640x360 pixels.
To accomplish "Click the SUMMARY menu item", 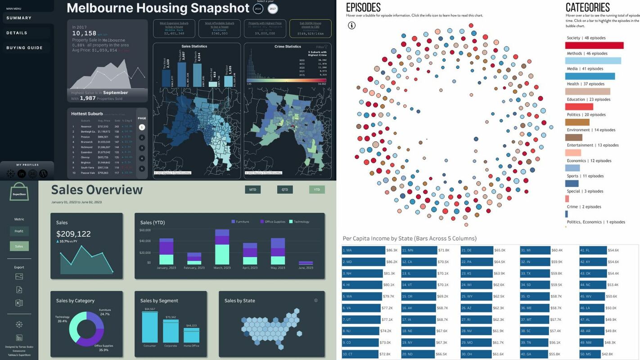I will pos(19,18).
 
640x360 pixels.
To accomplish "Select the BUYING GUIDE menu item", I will pos(24,48).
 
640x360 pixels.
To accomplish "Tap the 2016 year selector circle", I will pos(258,9).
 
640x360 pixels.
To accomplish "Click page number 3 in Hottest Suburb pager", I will pos(142,148).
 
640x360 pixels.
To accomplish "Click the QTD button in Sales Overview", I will pos(285,189).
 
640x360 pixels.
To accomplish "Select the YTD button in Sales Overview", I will pos(317,189).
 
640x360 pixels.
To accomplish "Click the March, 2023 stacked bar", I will pos(222,247).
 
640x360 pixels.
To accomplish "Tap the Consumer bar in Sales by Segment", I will pos(149,327).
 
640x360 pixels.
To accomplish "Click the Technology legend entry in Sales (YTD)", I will pos(301,222).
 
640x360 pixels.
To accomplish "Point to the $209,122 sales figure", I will pos(73,234).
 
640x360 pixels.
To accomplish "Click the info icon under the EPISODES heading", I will pos(352,26).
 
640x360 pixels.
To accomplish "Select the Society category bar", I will pos(594,45).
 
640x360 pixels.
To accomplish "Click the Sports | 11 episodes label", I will pos(585,176).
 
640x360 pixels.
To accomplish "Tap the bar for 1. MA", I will pos(363,250).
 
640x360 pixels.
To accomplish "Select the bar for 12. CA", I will pos(419,261).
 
